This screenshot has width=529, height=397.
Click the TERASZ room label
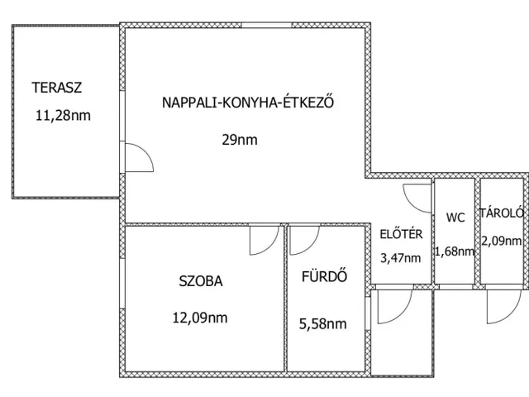point(57,88)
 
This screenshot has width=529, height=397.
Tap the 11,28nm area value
point(63,116)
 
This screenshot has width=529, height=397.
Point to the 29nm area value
point(240,140)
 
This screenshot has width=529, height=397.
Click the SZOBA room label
point(201,281)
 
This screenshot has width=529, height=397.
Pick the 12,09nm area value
point(200,318)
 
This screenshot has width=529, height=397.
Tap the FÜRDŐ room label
point(324,275)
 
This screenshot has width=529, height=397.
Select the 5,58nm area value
point(323,323)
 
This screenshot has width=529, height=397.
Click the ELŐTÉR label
point(401,233)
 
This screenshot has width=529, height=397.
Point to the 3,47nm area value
point(400,258)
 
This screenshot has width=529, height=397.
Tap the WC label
point(455,218)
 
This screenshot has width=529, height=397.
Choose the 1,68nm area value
point(455,251)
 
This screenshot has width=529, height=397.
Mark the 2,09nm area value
point(502,241)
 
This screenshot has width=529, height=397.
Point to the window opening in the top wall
point(266,25)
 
